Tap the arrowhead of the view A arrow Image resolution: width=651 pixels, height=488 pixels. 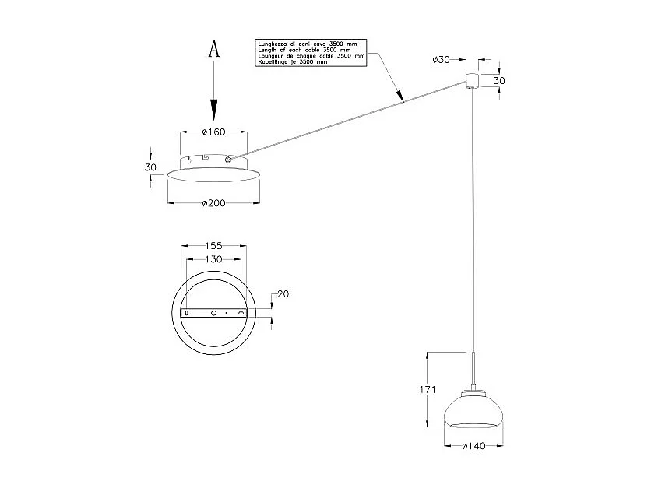click(x=215, y=111)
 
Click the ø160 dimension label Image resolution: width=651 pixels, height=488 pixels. click(x=213, y=132)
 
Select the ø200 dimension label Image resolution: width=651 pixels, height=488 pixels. click(x=213, y=203)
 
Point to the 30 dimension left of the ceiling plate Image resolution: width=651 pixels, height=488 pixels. click(x=151, y=167)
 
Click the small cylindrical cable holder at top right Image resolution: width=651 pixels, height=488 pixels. click(x=471, y=80)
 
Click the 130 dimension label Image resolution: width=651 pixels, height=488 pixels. click(x=213, y=258)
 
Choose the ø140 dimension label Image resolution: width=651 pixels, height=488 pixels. click(x=473, y=446)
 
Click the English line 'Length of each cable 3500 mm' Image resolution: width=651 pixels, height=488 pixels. click(x=304, y=51)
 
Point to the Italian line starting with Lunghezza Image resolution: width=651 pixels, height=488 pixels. click(x=304, y=45)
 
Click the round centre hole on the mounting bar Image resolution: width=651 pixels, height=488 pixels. click(x=214, y=312)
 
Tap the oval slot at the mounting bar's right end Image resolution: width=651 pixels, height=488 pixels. click(x=241, y=312)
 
